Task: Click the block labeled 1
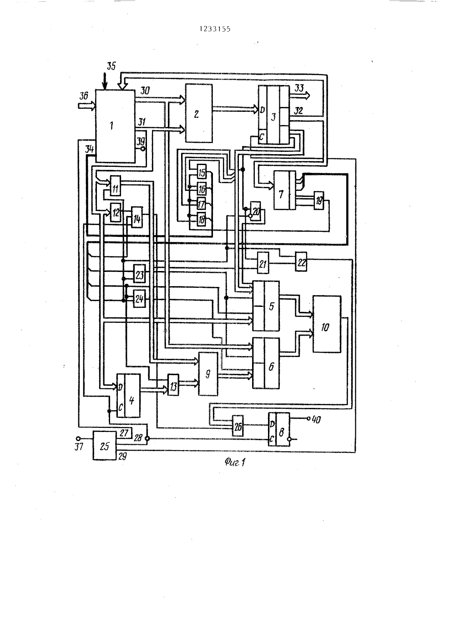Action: tap(115, 126)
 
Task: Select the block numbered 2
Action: tap(199, 113)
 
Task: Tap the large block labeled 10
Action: tap(327, 324)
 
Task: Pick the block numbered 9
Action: tap(208, 374)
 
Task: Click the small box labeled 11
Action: tap(116, 186)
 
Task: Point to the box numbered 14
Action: tap(137, 217)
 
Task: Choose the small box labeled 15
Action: tap(202, 172)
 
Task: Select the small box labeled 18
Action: tap(202, 220)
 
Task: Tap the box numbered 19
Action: tap(319, 201)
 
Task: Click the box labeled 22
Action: tap(301, 261)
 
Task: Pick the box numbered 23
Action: tap(140, 274)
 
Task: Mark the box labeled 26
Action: tap(238, 426)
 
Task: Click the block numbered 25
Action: tap(105, 446)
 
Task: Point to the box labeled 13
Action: tap(173, 385)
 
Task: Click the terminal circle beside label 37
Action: tap(78, 438)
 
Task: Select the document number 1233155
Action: tap(215, 29)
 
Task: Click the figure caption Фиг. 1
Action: tap(235, 462)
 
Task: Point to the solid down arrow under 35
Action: tap(105, 81)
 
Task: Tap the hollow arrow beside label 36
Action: tap(87, 105)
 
